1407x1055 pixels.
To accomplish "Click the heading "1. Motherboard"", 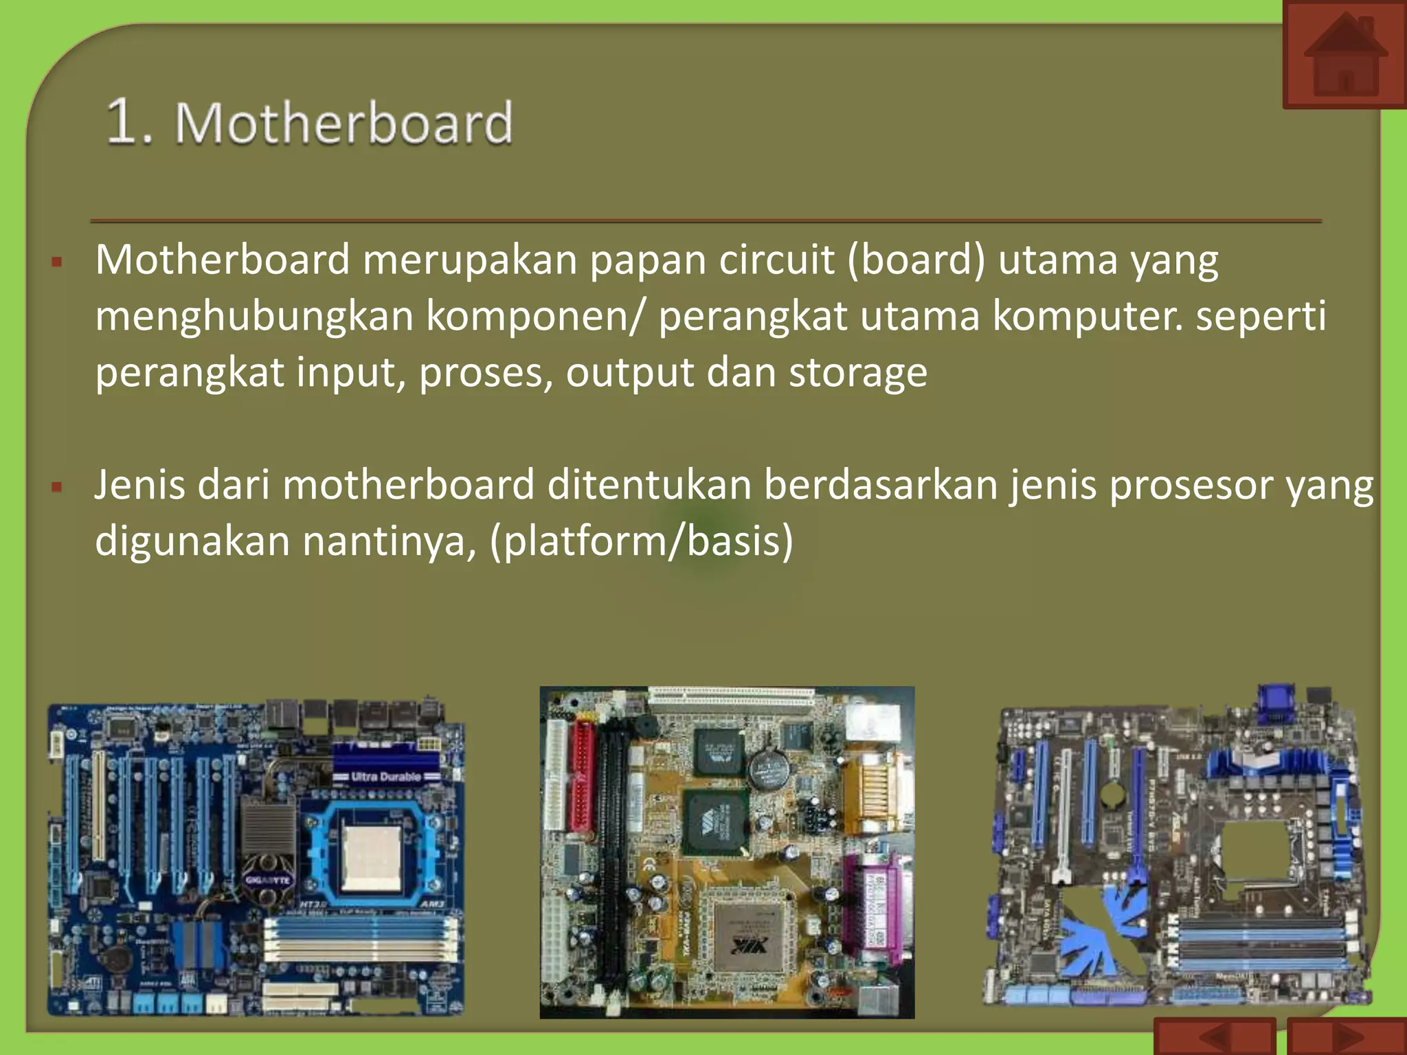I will (x=310, y=123).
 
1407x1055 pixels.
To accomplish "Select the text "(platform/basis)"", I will (x=642, y=541).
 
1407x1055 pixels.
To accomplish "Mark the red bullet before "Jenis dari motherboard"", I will (x=57, y=488).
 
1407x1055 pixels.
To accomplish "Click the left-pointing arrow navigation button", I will (x=1215, y=1037).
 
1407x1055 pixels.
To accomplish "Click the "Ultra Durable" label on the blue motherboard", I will (x=385, y=777).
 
